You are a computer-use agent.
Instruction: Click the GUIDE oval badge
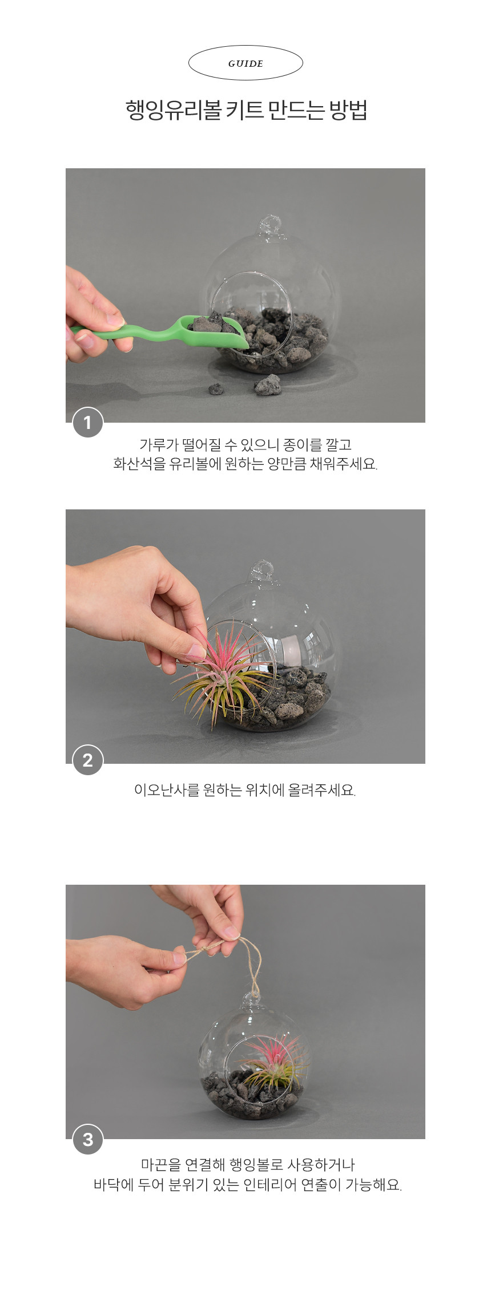point(246,63)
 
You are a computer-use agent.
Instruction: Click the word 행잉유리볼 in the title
point(173,110)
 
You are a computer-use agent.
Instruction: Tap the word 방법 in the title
point(348,110)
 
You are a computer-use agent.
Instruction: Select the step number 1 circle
point(87,423)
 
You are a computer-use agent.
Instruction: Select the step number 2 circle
point(87,760)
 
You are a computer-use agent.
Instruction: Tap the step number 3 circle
point(87,1139)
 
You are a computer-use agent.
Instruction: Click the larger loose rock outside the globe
point(267,385)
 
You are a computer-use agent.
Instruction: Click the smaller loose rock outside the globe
point(216,389)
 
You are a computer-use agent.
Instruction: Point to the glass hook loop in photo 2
point(263,572)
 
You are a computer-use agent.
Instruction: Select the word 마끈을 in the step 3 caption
point(160,1164)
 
